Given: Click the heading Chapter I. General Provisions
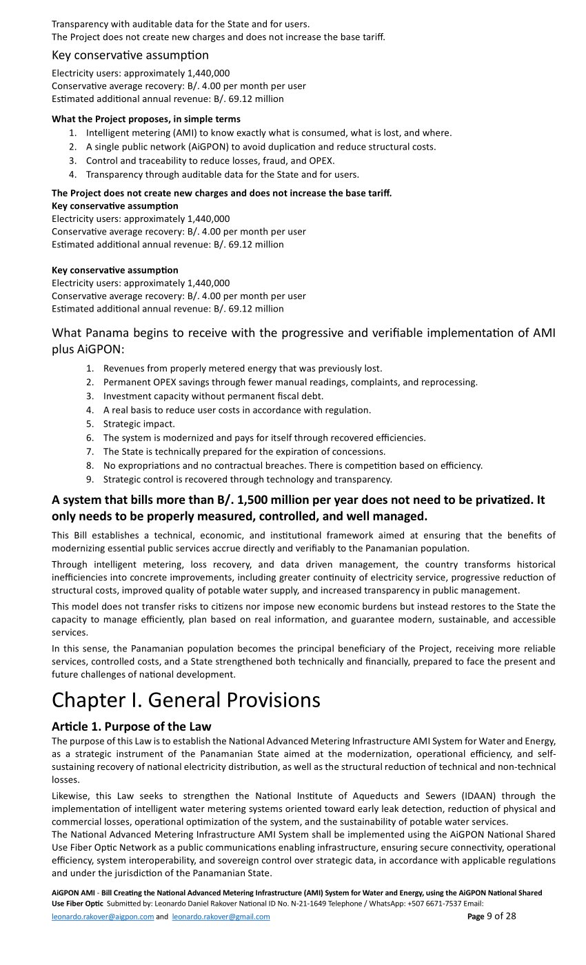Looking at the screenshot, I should coord(186,700).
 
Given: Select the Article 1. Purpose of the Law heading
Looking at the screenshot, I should coord(131,727).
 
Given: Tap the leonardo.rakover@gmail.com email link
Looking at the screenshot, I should coord(221,917).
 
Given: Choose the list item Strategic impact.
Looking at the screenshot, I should coord(139,424).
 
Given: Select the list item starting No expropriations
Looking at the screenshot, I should coord(292,465).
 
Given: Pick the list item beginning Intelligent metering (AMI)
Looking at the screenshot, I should coord(269,133).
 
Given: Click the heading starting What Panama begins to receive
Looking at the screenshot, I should coord(303,334).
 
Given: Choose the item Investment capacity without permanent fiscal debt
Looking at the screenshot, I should coord(213,396).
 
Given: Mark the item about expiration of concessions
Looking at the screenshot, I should coord(244,451).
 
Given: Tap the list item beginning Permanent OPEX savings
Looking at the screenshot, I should coord(290,383).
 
